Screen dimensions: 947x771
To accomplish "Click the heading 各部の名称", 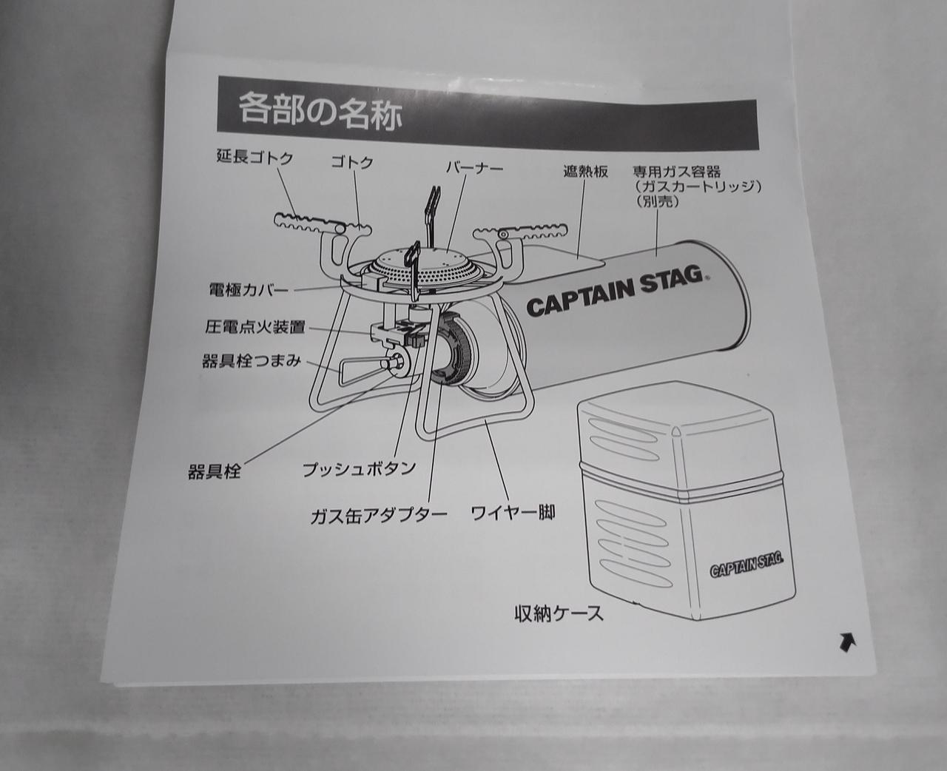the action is [320, 113].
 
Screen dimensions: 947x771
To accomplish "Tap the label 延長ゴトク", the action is [255, 158].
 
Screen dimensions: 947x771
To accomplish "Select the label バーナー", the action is [474, 168].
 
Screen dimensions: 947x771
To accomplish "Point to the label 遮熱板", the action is [585, 172].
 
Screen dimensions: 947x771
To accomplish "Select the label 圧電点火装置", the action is [256, 327].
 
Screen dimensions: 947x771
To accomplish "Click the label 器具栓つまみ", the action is [252, 361].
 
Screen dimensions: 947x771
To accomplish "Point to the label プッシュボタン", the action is [359, 469].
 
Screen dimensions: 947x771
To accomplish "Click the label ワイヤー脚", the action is [513, 513].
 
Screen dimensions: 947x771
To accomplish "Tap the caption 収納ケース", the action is [559, 614].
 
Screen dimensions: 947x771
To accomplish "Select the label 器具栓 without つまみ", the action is [214, 472].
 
